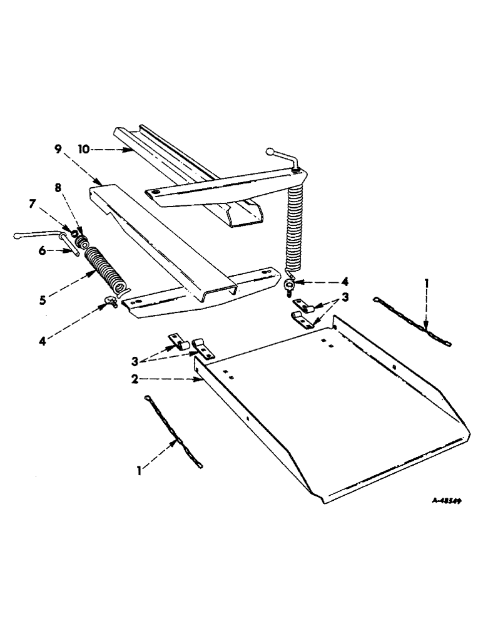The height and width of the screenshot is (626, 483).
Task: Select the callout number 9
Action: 58,149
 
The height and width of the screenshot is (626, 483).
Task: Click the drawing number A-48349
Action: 444,501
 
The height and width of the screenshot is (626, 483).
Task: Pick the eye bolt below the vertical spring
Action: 290,286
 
